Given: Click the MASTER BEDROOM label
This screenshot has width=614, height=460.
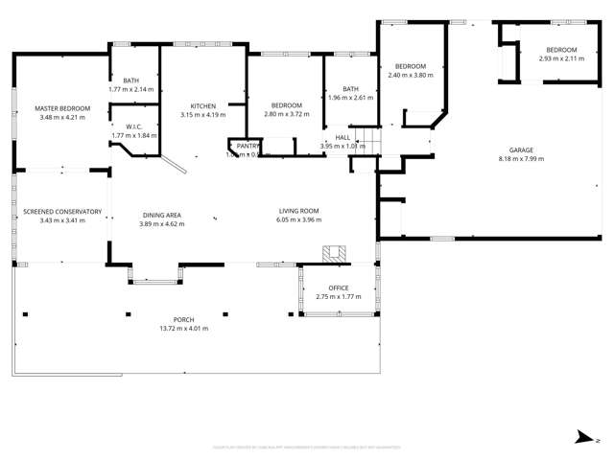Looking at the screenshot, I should pos(62,108).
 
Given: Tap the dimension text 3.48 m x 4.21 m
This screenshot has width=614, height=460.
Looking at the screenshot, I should pos(62,118).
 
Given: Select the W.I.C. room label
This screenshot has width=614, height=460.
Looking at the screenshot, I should pos(133,126).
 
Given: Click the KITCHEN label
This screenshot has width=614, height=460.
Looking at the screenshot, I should pos(202,105).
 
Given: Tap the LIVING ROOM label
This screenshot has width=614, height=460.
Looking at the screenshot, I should pos(298,211).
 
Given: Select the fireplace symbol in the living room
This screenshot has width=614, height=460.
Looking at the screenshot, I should pos(334,253).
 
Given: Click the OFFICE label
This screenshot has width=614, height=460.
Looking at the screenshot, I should pos(338,287).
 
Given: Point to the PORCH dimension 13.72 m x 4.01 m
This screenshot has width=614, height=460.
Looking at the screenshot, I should pos(183,329).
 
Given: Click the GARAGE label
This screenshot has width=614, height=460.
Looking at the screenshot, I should pos(521,149).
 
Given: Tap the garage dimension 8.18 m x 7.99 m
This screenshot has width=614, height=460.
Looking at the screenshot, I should pos(521,159).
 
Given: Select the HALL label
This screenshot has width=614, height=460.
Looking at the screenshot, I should pos(342,137).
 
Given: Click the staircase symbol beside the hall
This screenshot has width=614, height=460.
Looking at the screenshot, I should pos(359,140).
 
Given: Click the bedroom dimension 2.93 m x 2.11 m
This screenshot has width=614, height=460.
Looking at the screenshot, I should pos(561,58).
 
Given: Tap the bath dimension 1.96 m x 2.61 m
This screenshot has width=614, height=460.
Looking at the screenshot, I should pos(350,98).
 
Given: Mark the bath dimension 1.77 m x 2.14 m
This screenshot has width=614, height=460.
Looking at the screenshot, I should pos(131,89).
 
